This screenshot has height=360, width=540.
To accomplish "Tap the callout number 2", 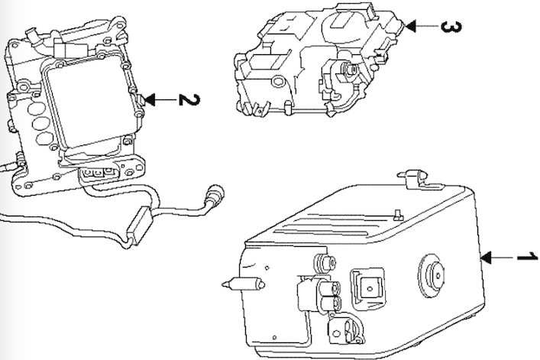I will (184, 100).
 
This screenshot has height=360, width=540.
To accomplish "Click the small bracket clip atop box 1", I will (412, 179).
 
